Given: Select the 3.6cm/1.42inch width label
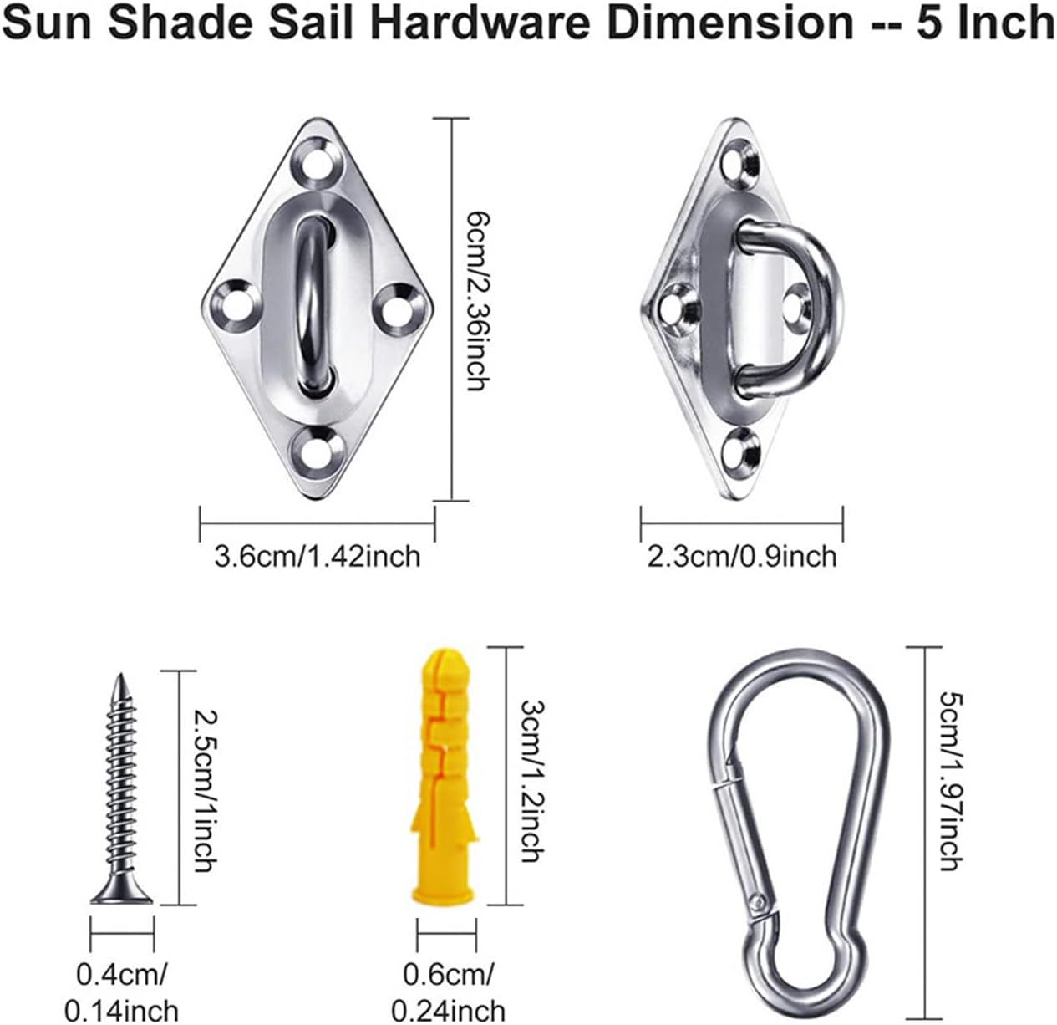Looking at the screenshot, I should click(x=318, y=555).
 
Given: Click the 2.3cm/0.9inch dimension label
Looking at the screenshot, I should click(x=741, y=555).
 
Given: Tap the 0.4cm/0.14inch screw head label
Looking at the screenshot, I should click(x=121, y=992).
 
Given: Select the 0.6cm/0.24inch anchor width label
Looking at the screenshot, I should click(x=448, y=992).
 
